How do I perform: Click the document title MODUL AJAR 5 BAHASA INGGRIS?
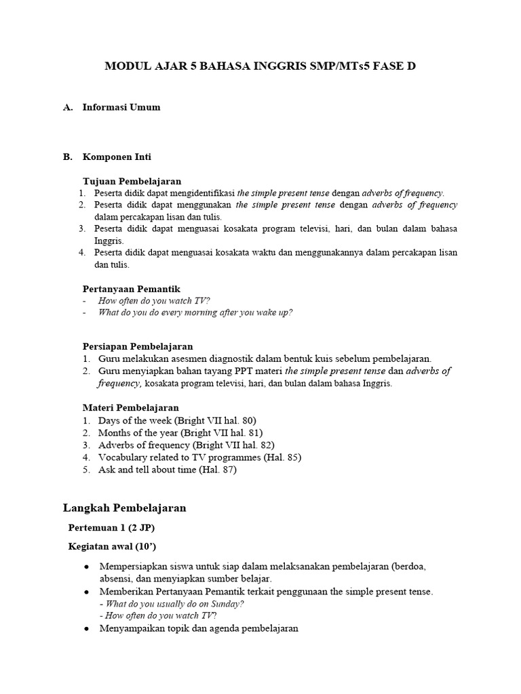260,66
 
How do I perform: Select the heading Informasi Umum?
121,107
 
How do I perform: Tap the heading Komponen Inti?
117,157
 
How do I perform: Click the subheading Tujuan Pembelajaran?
132,181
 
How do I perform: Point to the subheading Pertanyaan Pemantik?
131,289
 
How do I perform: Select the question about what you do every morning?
195,312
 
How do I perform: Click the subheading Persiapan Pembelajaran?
138,346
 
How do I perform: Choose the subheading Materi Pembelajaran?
130,408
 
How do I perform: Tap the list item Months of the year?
180,432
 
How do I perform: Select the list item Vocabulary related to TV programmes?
199,457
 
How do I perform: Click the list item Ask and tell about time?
167,469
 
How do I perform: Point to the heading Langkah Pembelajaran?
125,508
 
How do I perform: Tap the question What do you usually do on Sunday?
172,603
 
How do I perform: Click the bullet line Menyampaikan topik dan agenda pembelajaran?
198,628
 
